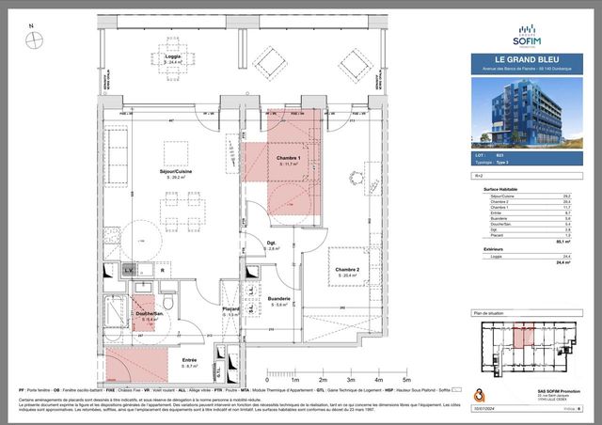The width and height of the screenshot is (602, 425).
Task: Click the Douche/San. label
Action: click(148, 315)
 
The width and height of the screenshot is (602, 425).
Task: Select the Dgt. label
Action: click(274, 245)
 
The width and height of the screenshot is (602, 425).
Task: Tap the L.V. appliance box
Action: click(129, 270)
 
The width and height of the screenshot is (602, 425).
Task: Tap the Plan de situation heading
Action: click(490, 311)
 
